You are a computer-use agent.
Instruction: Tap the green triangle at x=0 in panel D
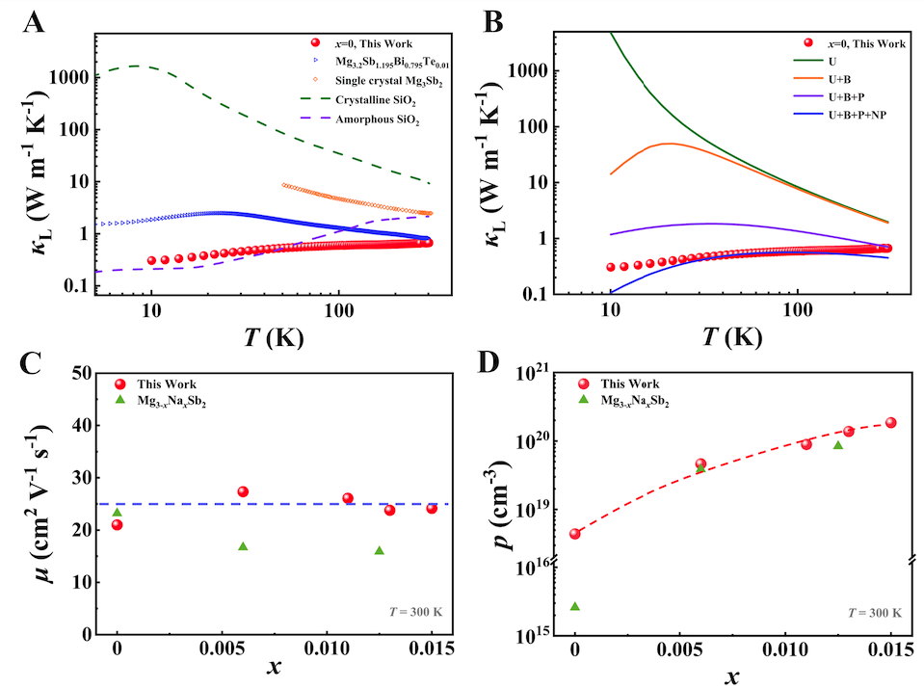(575, 606)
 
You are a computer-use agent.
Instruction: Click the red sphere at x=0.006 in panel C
(243, 491)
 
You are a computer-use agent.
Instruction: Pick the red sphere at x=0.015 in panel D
(890, 422)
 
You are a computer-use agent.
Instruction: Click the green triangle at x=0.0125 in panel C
(379, 550)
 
